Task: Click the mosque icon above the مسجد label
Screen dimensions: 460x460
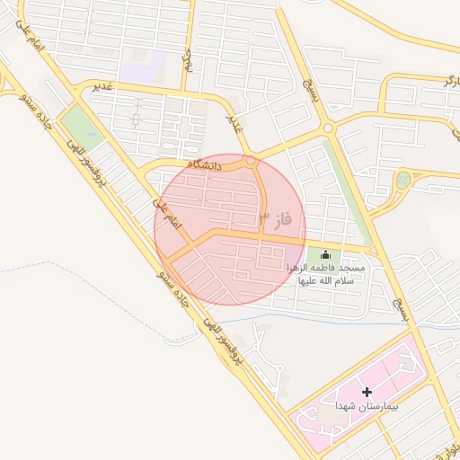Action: tap(325, 255)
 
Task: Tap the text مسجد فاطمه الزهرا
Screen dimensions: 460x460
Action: tap(325, 269)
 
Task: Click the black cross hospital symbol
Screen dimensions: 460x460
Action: tap(367, 392)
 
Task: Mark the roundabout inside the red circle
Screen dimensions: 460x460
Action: tap(252, 162)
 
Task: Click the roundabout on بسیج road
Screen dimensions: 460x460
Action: tap(328, 128)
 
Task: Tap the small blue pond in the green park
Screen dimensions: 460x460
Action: tap(403, 181)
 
